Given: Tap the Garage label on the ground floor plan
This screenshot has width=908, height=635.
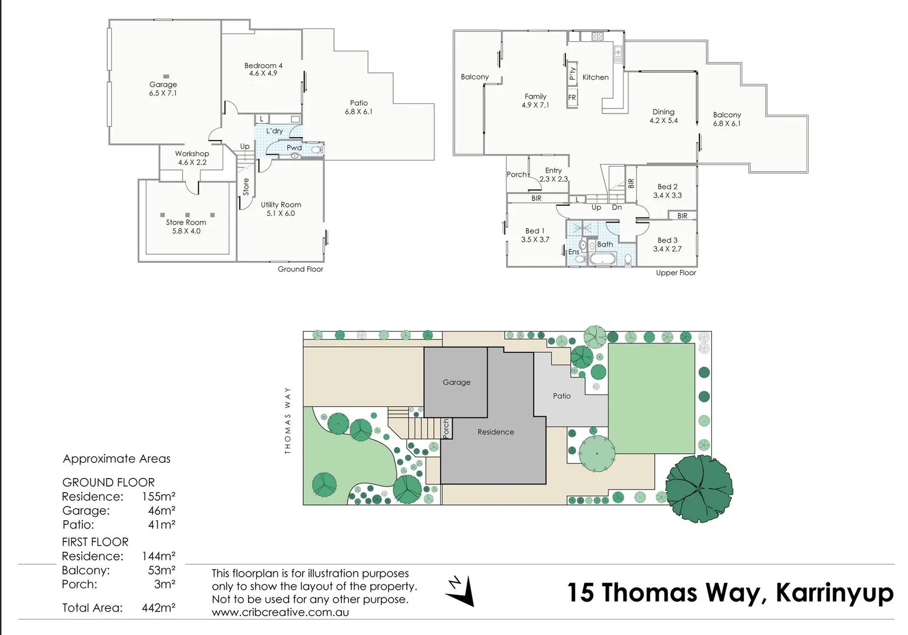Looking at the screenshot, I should (x=163, y=89).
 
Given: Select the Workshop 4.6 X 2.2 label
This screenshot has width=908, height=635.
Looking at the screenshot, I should (x=192, y=158).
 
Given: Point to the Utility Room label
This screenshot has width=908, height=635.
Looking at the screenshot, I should (x=281, y=209).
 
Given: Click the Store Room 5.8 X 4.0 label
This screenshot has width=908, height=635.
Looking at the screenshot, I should (x=186, y=226).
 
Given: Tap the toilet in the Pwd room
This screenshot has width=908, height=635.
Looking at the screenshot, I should (x=317, y=151).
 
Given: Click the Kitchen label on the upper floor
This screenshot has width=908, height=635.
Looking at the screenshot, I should (x=595, y=77).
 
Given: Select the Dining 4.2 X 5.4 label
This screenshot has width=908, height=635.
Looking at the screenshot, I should (x=664, y=116).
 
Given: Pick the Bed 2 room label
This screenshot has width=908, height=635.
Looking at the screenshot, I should (x=667, y=190).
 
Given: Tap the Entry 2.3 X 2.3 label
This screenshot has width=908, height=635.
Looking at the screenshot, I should (x=553, y=175).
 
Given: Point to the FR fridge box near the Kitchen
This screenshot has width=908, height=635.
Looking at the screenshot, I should (x=572, y=98).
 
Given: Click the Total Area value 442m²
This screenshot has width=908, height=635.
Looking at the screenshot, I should (x=159, y=608).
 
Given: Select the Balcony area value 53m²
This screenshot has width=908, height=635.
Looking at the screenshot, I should (x=162, y=570).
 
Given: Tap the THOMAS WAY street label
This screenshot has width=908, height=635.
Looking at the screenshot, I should (x=288, y=420).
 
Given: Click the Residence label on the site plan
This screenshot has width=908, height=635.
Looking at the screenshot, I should (x=495, y=432).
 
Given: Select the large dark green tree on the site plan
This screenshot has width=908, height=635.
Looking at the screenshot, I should (x=699, y=487).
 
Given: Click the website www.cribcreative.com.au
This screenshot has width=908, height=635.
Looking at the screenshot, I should (x=280, y=612).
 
